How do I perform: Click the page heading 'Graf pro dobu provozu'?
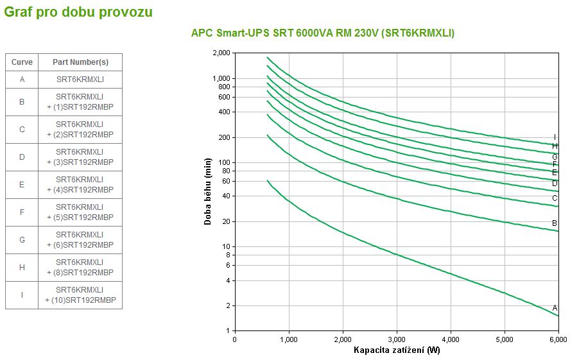click(x=78, y=12)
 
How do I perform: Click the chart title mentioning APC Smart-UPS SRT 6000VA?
click(x=322, y=33)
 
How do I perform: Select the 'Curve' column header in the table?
click(x=22, y=62)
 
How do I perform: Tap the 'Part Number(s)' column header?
click(x=80, y=62)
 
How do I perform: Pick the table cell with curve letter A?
click(x=22, y=80)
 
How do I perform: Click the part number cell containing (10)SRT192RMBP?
click(x=80, y=295)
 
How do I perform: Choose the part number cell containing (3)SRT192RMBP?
click(x=80, y=157)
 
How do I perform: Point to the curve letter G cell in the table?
click(x=22, y=240)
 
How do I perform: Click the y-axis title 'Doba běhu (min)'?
click(x=208, y=192)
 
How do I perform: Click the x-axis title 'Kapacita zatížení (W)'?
click(x=397, y=350)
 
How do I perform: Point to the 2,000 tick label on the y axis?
click(x=220, y=53)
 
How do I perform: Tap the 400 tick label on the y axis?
click(x=223, y=112)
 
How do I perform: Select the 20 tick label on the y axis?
click(x=225, y=222)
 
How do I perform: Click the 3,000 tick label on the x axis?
click(x=397, y=339)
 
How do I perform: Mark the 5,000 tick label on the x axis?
click(x=505, y=339)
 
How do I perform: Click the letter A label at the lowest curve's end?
click(x=555, y=308)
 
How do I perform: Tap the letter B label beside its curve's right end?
click(x=555, y=223)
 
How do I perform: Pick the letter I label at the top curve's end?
click(x=555, y=137)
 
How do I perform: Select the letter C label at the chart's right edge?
click(x=555, y=198)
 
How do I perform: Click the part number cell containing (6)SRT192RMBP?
click(x=80, y=240)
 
